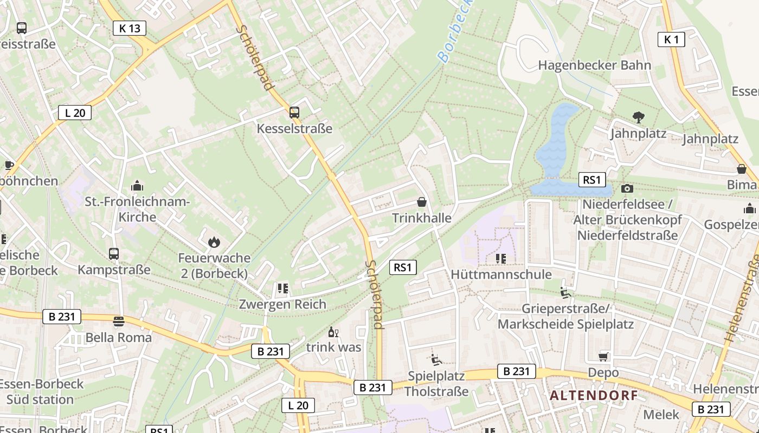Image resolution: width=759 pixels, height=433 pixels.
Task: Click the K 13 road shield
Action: tap(130, 28)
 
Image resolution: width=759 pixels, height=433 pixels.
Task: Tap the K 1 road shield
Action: tap(671, 39)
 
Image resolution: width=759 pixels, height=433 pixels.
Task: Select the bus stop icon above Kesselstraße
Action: tap(294, 113)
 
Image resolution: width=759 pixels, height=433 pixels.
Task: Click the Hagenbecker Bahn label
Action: tap(594, 65)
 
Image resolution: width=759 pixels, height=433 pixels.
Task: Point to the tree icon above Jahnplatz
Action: tap(638, 116)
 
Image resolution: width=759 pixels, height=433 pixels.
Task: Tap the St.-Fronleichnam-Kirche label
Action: tap(137, 209)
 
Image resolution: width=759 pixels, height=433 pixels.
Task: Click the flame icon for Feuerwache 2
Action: tap(214, 242)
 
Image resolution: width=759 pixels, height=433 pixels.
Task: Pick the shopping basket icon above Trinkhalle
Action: tap(421, 202)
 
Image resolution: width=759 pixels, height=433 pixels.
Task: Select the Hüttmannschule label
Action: tap(501, 274)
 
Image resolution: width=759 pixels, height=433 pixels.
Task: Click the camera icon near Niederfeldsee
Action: tap(627, 188)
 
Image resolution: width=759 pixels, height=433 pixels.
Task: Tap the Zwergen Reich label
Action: tap(282, 304)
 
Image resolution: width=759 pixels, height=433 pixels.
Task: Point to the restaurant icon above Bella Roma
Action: tap(118, 322)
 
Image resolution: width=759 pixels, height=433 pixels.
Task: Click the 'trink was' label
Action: tap(333, 347)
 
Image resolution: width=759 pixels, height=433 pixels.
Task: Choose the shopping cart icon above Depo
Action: tap(603, 357)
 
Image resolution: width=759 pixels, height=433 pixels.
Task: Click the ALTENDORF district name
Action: tap(594, 396)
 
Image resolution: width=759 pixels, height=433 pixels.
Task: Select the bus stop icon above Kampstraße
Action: tap(114, 253)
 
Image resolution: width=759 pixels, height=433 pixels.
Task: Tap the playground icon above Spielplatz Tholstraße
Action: tap(436, 359)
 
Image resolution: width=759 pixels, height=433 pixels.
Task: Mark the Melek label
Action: tap(661, 415)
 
